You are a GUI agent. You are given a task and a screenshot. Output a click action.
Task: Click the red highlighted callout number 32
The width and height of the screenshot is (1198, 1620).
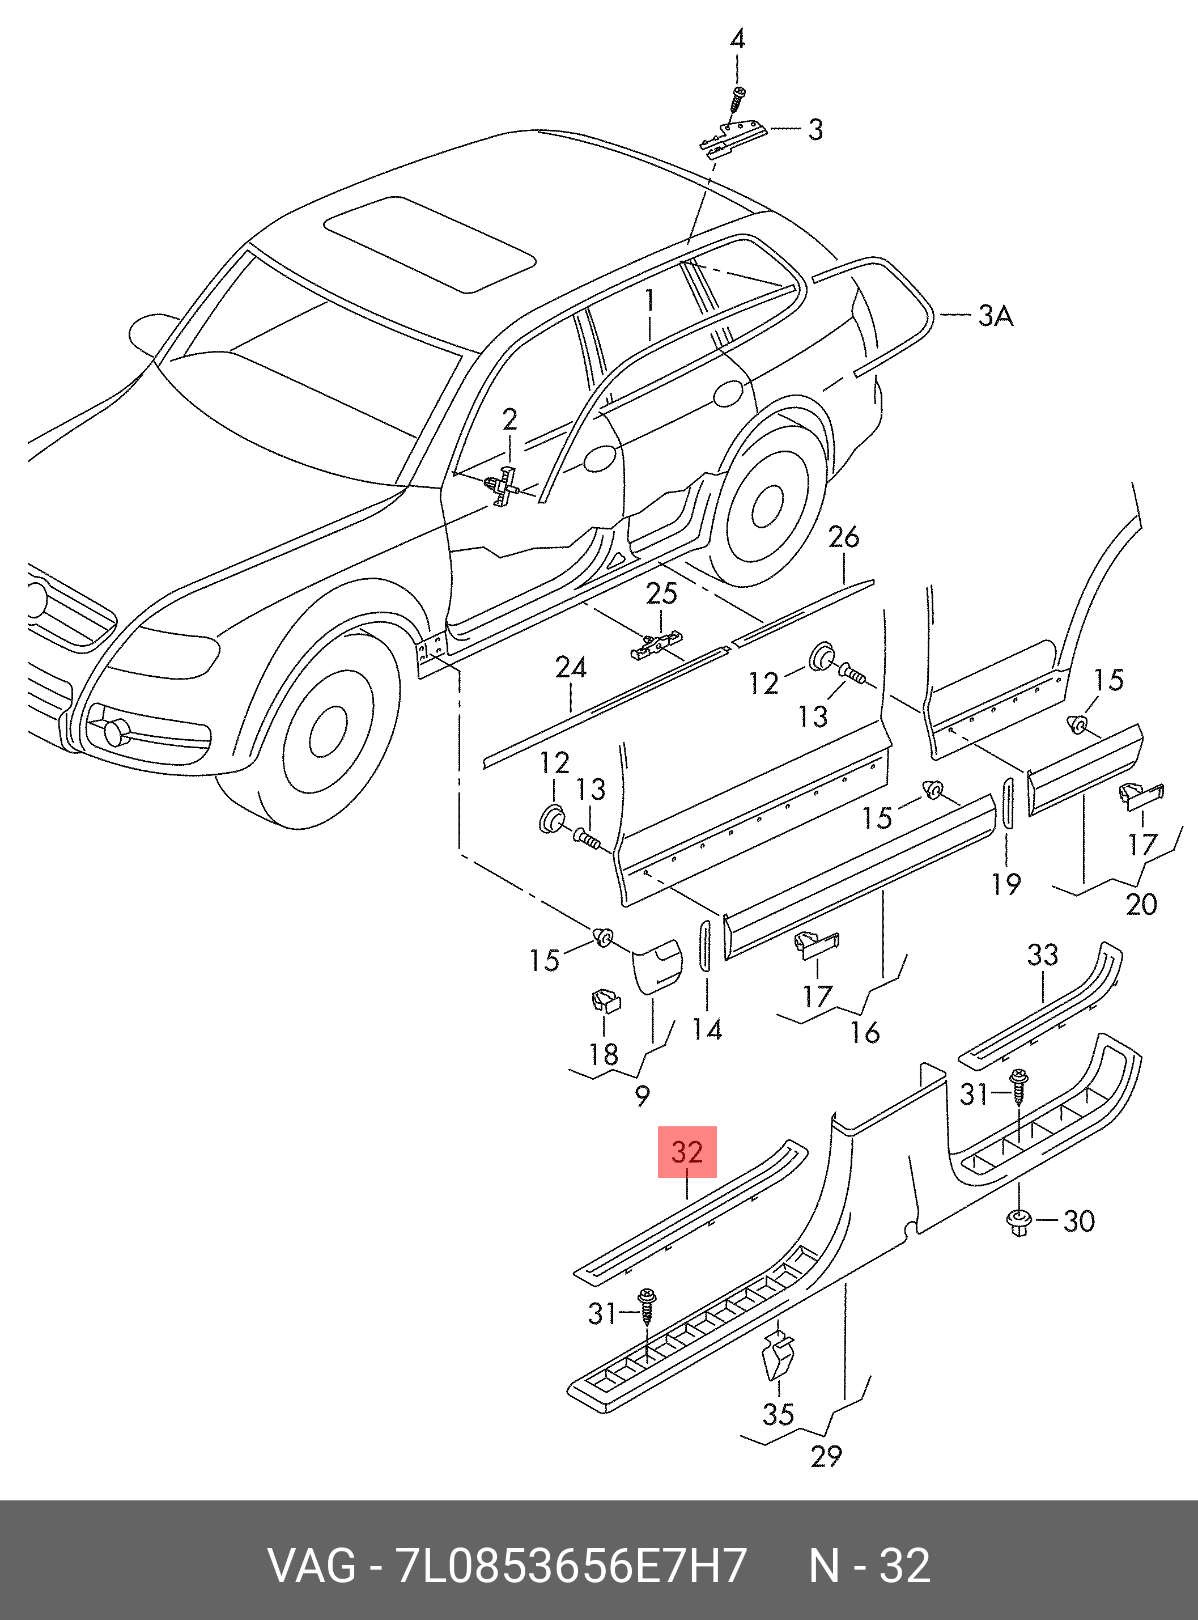[x=687, y=1152]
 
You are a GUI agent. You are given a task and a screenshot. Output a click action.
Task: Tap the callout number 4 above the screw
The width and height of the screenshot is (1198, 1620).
[x=737, y=39]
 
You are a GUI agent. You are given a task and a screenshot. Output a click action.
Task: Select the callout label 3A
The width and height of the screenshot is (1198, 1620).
[x=995, y=316]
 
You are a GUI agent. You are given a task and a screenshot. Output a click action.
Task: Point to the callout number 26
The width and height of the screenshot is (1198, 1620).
[x=843, y=537]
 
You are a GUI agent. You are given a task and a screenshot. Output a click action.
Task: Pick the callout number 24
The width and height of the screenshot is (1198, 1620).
[x=571, y=667]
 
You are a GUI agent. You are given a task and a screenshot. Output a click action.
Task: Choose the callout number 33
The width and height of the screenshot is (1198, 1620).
[x=1042, y=955]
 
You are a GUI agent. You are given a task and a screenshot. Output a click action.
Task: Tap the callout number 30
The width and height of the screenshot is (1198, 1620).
[x=1078, y=1221]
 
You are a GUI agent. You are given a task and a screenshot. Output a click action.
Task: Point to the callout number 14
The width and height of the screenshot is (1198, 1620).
[x=707, y=1030]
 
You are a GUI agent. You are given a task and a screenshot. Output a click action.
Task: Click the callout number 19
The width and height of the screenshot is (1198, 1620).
[x=1006, y=884]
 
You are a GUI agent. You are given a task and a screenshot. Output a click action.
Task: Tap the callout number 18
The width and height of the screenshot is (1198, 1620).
[x=604, y=1054]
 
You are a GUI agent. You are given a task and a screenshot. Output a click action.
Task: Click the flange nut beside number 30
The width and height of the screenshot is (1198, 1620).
[x=1019, y=1223]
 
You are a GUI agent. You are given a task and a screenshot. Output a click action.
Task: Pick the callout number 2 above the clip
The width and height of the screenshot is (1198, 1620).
[x=510, y=419]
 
